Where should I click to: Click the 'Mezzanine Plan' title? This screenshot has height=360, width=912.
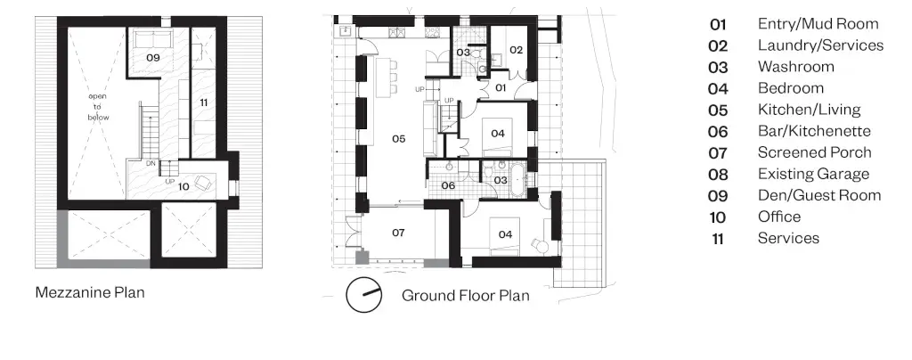click(90, 292)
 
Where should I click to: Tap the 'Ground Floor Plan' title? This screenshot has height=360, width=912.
click(465, 296)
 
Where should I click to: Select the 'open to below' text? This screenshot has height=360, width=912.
click(98, 106)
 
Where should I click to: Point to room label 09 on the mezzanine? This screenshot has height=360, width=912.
click(153, 58)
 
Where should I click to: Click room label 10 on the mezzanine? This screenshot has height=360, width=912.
click(183, 187)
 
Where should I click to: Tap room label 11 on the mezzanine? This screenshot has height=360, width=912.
click(204, 103)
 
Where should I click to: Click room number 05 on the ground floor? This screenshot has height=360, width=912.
click(398, 138)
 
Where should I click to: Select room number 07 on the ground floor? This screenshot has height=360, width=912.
click(398, 233)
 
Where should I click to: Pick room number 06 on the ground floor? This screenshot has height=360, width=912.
click(448, 185)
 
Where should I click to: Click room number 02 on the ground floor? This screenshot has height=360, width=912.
click(517, 50)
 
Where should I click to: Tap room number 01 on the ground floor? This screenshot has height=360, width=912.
click(501, 88)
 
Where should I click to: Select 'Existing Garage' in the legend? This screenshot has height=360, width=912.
click(813, 174)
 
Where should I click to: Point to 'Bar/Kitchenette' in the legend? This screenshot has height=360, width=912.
click(814, 131)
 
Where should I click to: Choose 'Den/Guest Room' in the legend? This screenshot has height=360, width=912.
click(819, 195)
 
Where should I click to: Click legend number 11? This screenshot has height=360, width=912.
click(718, 239)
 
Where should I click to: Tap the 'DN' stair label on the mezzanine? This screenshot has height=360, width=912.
click(151, 163)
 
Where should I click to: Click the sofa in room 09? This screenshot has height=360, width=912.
click(153, 41)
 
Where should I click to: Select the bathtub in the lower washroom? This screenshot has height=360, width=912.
click(517, 180)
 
